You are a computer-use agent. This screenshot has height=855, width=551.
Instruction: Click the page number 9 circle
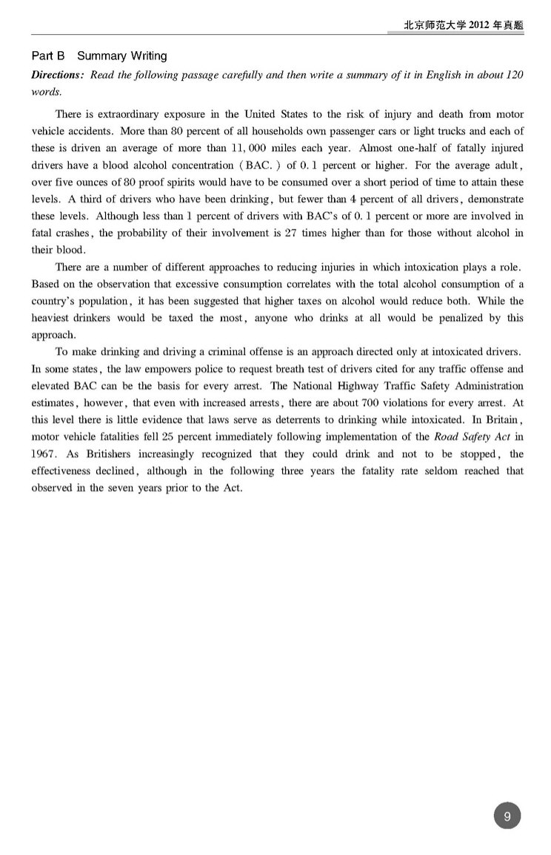pyautogui.click(x=507, y=816)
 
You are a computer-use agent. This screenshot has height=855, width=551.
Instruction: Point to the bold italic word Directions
pyautogui.click(x=58, y=77)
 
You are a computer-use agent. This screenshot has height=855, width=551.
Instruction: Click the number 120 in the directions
pyautogui.click(x=515, y=77)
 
